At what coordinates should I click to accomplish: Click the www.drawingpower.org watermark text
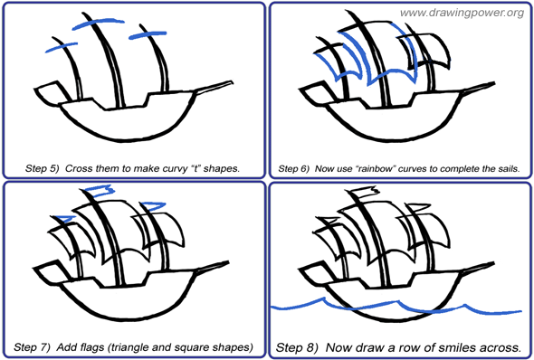coord(462,14)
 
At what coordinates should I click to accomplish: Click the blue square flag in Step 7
coord(99,190)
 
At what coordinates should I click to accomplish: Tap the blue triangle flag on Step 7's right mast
coord(153,206)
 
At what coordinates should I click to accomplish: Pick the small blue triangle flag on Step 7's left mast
coord(64,219)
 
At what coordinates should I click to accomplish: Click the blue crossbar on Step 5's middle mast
coord(98,24)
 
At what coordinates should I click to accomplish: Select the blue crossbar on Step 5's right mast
coord(148,35)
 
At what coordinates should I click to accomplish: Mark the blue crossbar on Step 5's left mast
coord(62,47)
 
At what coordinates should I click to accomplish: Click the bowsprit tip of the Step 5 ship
coord(232,81)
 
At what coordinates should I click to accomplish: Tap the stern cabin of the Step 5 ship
coord(51,92)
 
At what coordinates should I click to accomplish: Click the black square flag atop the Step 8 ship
coord(365,193)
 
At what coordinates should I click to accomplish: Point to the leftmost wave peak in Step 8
coord(322,298)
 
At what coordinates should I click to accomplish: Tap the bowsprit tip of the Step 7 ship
coord(227,262)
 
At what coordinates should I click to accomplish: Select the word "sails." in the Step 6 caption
coord(509,168)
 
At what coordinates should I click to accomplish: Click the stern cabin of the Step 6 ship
coord(316,92)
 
